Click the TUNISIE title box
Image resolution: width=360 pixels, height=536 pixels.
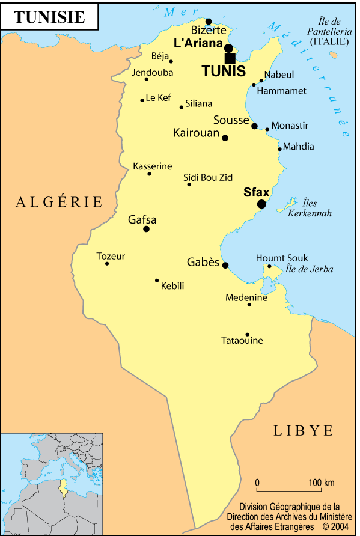49,17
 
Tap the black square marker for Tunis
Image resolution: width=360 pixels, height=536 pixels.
230,58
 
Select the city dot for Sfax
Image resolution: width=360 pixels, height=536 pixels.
261,204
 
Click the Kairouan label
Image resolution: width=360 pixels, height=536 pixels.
196,133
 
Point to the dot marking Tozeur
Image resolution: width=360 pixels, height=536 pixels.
107,264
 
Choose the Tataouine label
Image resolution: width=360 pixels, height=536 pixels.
242,341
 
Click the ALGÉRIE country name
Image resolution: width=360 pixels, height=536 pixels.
59,202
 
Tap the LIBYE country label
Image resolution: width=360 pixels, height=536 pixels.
303,430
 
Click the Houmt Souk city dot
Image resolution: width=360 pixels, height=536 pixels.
269,266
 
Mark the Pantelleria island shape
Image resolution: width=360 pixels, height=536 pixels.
333,55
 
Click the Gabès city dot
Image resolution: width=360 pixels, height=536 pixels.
225,265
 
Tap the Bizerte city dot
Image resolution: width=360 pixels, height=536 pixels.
209,22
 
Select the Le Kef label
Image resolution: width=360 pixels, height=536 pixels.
159,97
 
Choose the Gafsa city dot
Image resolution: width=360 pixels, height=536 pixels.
146,229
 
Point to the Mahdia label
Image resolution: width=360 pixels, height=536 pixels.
298,147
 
